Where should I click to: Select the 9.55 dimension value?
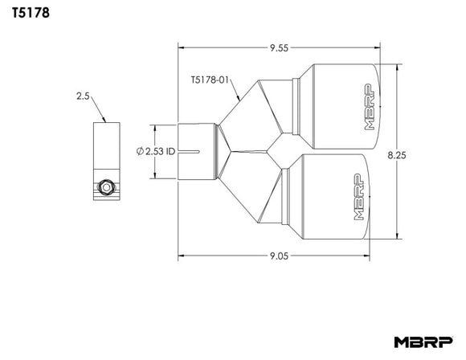click(x=280, y=48)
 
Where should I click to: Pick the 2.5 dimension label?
click(x=83, y=96)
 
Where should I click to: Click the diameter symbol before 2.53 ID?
click(x=140, y=150)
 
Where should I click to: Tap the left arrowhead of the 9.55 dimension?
click(x=181, y=48)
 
